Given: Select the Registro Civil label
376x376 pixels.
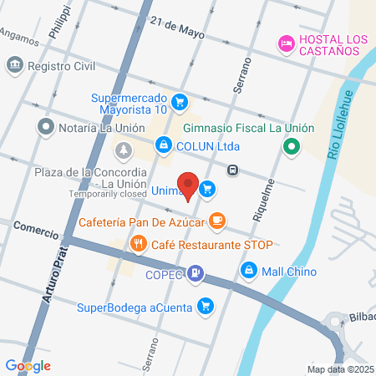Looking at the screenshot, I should pyautogui.click(x=57, y=65).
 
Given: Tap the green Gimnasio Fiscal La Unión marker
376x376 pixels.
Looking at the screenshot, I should pyautogui.click(x=291, y=148).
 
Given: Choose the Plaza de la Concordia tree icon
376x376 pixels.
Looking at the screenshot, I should pyautogui.click(x=124, y=150).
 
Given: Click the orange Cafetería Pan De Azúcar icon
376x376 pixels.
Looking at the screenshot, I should pyautogui.click(x=217, y=221).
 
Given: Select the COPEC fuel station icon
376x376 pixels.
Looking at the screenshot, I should pyautogui.click(x=196, y=272).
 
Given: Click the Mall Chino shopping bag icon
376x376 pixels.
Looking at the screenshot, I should pyautogui.click(x=248, y=271).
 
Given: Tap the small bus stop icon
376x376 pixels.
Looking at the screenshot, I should pyautogui.click(x=233, y=170).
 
